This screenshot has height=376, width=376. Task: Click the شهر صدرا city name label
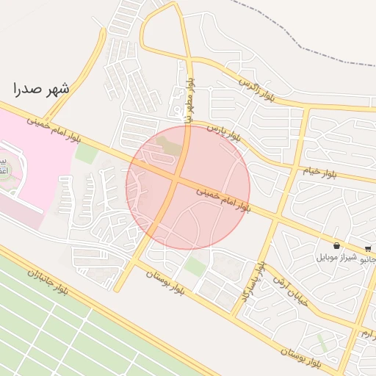(41, 89)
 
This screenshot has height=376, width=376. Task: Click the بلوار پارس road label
(223, 132)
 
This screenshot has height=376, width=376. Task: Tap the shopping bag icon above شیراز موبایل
(336, 245)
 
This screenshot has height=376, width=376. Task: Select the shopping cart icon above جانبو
(368, 248)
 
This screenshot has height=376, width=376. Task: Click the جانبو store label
(369, 258)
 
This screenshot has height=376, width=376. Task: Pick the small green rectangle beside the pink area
(86, 153)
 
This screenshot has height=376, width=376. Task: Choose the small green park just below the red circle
(195, 265)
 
